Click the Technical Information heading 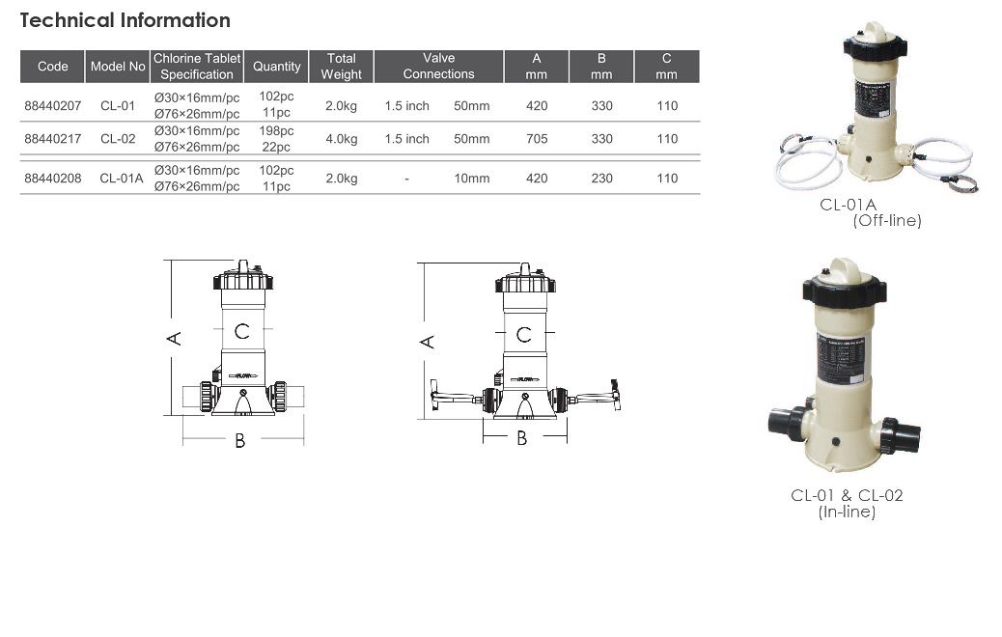[x=125, y=20]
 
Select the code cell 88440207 [x=53, y=106]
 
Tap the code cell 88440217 [x=53, y=139]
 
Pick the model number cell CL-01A [x=122, y=179]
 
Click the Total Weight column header [x=341, y=67]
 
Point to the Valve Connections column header [x=438, y=67]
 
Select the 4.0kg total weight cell [x=341, y=139]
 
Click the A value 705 [x=537, y=139]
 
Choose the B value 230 [x=601, y=179]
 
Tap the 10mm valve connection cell [x=471, y=179]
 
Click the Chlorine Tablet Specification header [x=197, y=67]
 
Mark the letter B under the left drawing [x=240, y=441]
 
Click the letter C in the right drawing [x=523, y=335]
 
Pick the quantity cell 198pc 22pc [x=276, y=139]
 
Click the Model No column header [x=118, y=67]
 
